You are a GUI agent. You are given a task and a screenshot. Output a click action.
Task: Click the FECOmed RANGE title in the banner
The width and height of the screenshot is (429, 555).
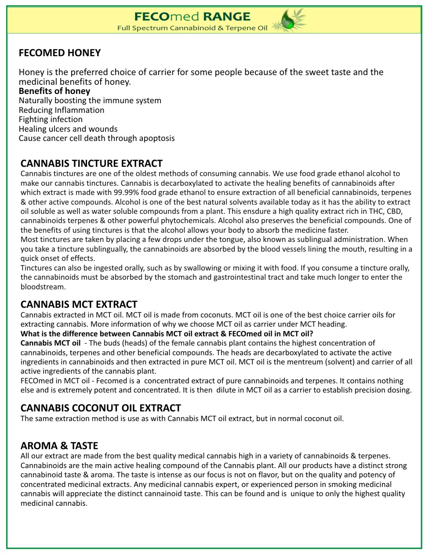[x=192, y=17]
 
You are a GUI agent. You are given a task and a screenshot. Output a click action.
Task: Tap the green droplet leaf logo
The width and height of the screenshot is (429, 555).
[x=288, y=20]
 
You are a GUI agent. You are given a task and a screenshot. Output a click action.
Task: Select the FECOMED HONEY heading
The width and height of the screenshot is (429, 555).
[x=60, y=53]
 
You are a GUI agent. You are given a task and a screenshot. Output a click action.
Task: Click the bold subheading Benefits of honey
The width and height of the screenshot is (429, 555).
[x=55, y=91]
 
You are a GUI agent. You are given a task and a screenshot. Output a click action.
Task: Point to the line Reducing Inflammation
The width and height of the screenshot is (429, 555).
[x=62, y=110]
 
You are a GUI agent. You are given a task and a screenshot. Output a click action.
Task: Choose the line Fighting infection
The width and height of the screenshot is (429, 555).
[x=51, y=119]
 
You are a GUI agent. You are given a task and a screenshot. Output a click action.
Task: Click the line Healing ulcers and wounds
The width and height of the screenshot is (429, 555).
[x=68, y=129]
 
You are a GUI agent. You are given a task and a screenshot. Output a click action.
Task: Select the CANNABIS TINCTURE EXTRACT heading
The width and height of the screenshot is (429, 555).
[x=91, y=164]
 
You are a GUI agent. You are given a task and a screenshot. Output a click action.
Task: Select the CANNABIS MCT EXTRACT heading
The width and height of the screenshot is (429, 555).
[x=79, y=305]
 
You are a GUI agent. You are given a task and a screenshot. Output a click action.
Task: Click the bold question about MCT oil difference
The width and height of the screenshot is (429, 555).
[x=167, y=334]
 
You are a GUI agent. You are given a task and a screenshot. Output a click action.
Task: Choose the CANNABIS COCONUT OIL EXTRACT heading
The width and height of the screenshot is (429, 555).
[x=101, y=408]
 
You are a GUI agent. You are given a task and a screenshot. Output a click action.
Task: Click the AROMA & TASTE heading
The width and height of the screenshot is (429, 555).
[x=59, y=446]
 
